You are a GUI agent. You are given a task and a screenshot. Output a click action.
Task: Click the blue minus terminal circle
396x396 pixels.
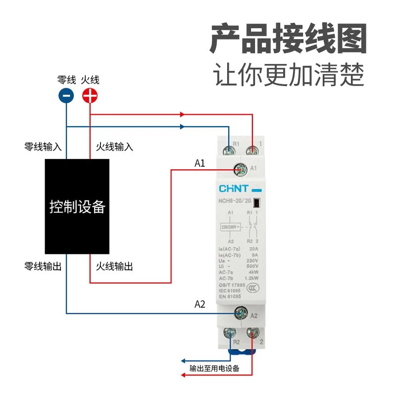[66, 96]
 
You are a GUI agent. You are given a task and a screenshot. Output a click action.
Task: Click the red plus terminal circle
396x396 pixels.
[90, 96]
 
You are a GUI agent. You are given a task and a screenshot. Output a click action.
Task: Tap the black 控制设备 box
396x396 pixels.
[77, 206]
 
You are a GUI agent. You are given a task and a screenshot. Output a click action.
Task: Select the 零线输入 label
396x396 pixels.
[43, 147]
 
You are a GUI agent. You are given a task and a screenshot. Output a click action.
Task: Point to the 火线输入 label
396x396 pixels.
[114, 147]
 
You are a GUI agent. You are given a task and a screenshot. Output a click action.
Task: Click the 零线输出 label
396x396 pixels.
[43, 266]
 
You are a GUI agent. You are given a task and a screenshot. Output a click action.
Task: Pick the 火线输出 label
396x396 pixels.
[114, 266]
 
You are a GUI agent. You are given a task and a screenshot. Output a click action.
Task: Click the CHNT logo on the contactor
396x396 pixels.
[233, 189]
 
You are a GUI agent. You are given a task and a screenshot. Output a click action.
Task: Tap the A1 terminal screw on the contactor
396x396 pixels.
[242, 170]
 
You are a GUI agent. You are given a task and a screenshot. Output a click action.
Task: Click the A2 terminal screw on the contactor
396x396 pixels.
[241, 313]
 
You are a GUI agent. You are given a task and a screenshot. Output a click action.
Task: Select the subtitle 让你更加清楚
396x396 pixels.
[289, 75]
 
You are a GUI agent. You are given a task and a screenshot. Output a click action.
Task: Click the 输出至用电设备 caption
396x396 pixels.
[214, 368]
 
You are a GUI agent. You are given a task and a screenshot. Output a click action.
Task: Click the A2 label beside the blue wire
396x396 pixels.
[199, 304]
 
